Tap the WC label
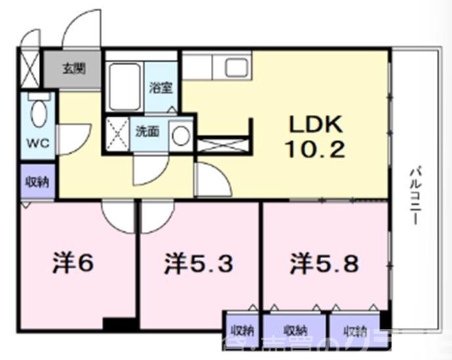coord(34,143)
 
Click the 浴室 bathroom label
coord(160,87)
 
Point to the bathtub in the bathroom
coord(125,87)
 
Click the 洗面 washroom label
coord(147,131)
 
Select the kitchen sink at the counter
coord(235,67)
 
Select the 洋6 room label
coord(73,263)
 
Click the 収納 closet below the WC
coord(35,182)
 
